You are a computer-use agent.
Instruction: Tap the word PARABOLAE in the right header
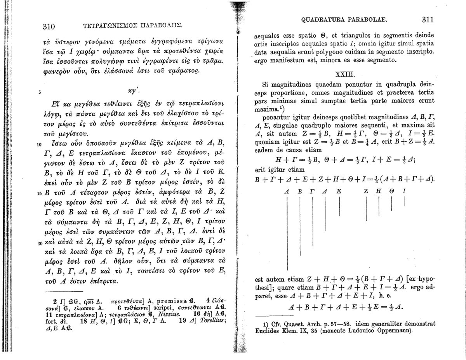(x=363, y=20)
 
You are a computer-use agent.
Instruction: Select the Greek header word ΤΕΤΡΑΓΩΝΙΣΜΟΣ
(x=106, y=27)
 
